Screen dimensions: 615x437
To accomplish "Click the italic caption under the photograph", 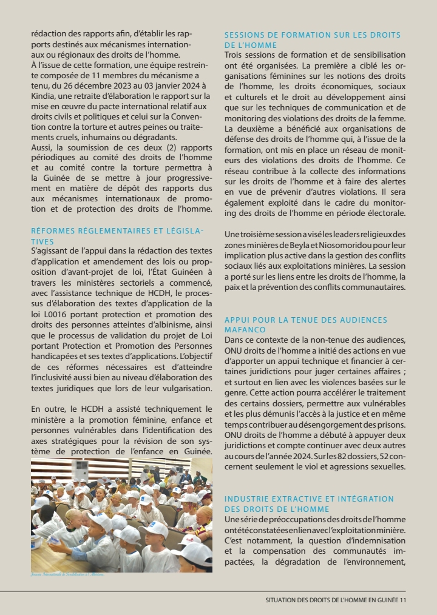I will click(x=67, y=573).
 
